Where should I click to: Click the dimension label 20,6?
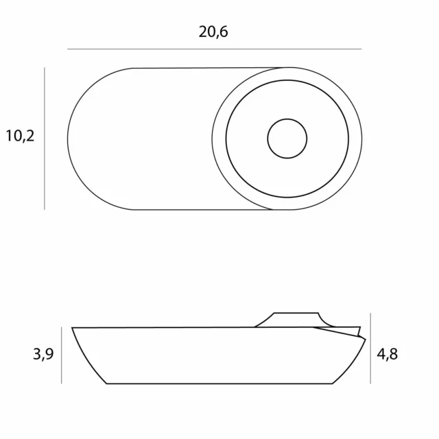tap(213, 32)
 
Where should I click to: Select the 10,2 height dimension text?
tap(20, 136)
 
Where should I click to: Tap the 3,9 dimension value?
tap(42, 355)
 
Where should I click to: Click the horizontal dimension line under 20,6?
tap(214, 49)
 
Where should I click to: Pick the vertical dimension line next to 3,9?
tap(62, 355)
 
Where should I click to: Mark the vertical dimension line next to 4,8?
tap(370, 348)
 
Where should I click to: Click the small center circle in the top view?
tap(287, 139)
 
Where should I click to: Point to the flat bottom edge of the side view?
tap(219, 383)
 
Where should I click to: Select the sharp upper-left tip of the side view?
tap(73, 329)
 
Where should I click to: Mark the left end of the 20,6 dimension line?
tap(68, 49)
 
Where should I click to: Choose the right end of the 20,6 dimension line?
tap(361, 49)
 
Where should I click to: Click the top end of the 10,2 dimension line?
tap(45, 68)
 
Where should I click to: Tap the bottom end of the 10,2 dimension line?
tap(45, 209)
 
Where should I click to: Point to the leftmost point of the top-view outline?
tap(68, 139)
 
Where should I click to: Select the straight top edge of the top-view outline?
tap(206, 68)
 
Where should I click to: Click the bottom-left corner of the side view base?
tap(107, 383)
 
